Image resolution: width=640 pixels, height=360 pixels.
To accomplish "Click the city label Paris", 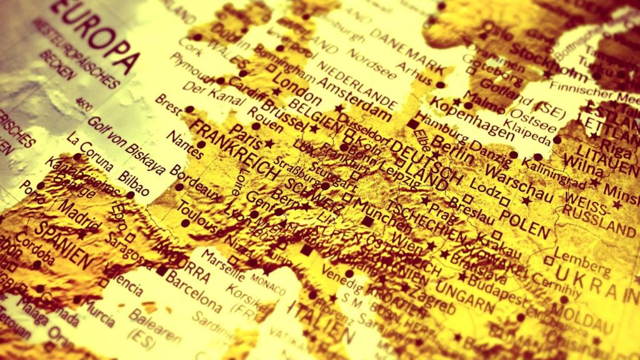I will point(246,132).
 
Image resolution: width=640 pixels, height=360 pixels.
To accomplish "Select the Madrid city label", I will point(79,216).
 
